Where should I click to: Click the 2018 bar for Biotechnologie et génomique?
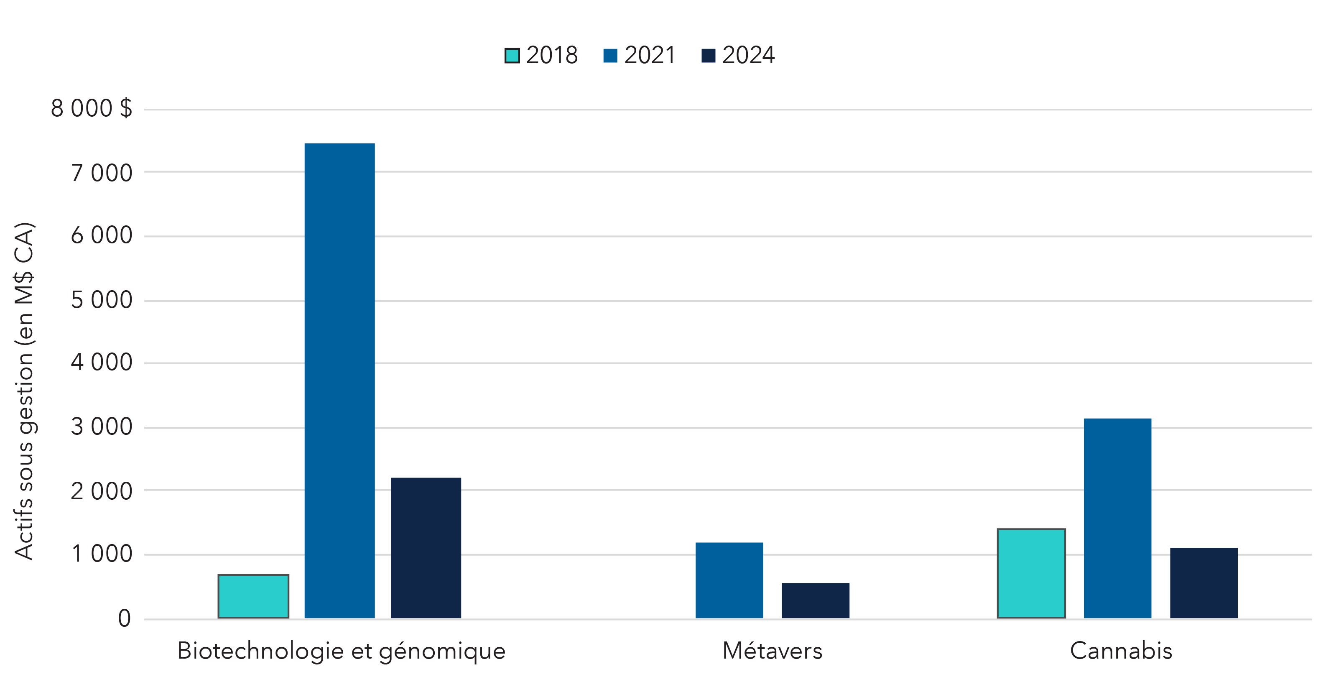click(x=253, y=596)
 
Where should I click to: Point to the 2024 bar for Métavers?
click(x=815, y=600)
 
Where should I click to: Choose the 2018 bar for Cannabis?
click(x=1030, y=573)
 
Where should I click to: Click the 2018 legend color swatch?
click(x=512, y=56)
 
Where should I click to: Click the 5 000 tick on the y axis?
click(x=101, y=300)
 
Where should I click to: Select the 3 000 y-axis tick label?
click(x=101, y=427)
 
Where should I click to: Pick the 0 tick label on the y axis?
click(x=124, y=618)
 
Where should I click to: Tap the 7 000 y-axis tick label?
click(x=101, y=173)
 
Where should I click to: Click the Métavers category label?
click(x=772, y=651)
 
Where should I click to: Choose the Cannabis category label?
click(x=1121, y=651)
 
